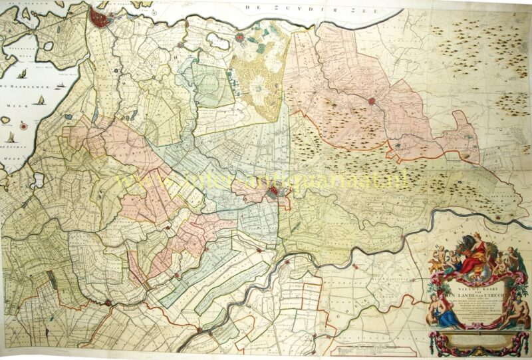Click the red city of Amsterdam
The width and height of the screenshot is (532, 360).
pyautogui.click(x=101, y=18)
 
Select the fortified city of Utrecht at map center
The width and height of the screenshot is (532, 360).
pyautogui.click(x=274, y=194)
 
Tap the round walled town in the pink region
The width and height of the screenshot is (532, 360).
pyautogui.click(x=372, y=101)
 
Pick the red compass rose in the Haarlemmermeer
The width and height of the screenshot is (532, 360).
pyautogui.click(x=25, y=124)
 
